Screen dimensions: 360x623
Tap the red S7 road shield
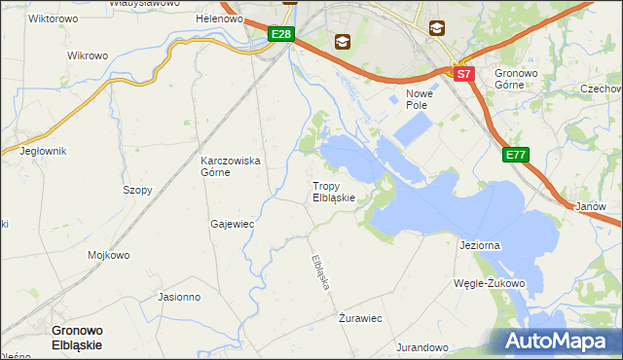coord(463,74)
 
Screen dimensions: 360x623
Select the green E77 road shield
coord(516,155)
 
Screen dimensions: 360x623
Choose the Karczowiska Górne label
coord(230,166)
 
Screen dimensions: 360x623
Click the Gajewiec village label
coord(232,224)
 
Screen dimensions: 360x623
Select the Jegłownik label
coord(42,151)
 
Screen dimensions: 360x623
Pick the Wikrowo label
coord(86,55)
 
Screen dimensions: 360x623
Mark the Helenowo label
coord(219,18)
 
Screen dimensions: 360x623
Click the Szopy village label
coord(137,190)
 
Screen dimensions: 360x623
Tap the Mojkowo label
coord(109,256)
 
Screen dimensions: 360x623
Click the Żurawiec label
coord(360,318)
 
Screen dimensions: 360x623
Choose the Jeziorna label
coord(479,246)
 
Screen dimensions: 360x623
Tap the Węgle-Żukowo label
coord(489,284)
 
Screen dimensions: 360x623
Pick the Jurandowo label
coord(421,347)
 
